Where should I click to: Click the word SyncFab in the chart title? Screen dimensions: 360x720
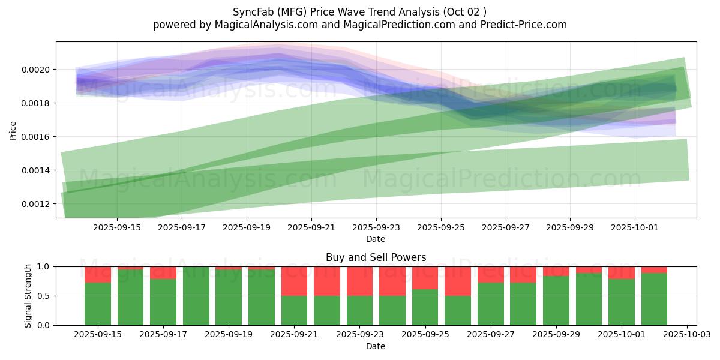(x=252, y=12)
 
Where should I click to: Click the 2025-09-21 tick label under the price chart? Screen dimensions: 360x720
(x=311, y=228)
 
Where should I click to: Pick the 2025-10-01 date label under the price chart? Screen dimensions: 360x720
(x=635, y=228)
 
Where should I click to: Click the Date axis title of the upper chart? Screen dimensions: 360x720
(x=376, y=239)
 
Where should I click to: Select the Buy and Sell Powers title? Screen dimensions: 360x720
(x=376, y=257)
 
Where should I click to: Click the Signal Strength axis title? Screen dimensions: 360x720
(x=28, y=295)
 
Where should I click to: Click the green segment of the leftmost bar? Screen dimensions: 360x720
(x=98, y=304)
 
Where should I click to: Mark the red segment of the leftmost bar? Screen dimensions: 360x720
(x=98, y=274)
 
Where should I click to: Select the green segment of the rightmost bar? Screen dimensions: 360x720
(x=654, y=299)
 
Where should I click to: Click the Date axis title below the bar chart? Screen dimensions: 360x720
(x=376, y=346)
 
